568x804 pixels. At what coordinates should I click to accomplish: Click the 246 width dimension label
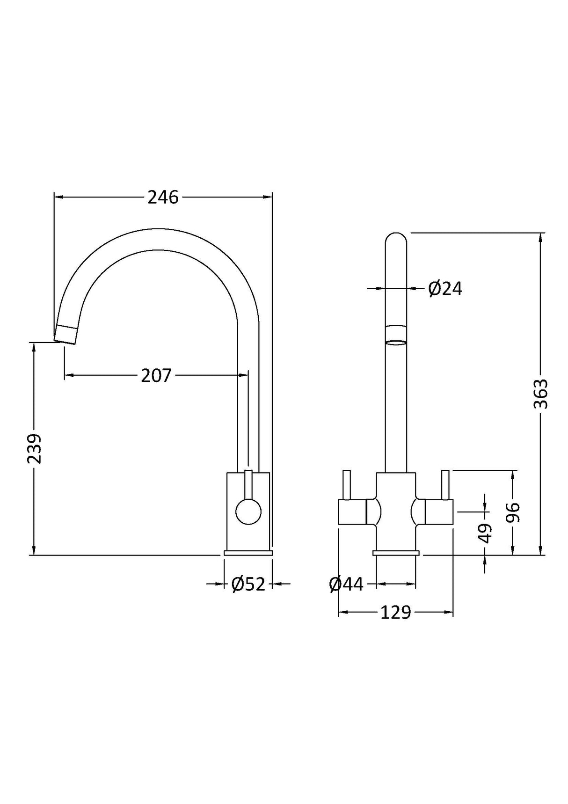point(163,197)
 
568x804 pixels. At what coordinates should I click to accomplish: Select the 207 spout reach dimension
point(156,375)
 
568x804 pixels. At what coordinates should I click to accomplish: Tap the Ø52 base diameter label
point(248,584)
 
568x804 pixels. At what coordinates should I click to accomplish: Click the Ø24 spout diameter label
point(445,289)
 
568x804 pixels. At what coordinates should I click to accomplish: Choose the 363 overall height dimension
point(541,394)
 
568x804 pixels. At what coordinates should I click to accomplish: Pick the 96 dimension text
point(514,512)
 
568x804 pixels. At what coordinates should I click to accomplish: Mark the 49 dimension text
point(486,533)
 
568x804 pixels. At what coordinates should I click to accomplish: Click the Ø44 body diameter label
point(346,584)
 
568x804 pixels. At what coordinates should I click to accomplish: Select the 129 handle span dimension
point(395,612)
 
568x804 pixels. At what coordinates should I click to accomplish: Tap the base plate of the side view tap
point(248,553)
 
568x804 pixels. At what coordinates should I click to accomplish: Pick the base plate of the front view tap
point(396,553)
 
